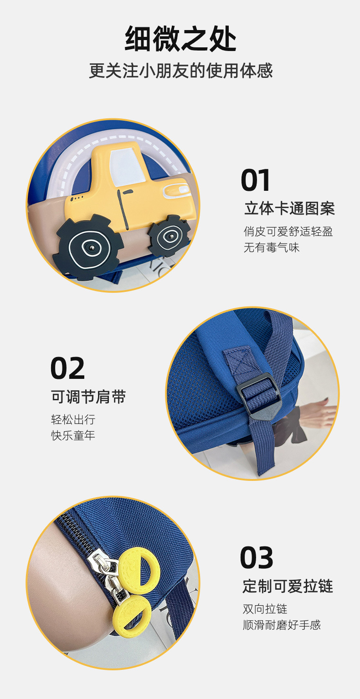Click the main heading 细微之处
tap(180, 39)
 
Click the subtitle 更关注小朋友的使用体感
tap(180, 71)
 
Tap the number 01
tap(256, 180)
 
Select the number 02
tap(67, 368)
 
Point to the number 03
tap(257, 558)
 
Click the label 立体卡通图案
tap(289, 209)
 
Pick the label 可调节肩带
tap(88, 397)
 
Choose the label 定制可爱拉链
tap(288, 586)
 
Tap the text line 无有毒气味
tap(272, 248)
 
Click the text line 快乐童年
tap(73, 435)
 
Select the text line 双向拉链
tap(265, 609)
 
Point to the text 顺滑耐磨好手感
tap(282, 625)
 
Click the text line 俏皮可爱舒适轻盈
tap(288, 231)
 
